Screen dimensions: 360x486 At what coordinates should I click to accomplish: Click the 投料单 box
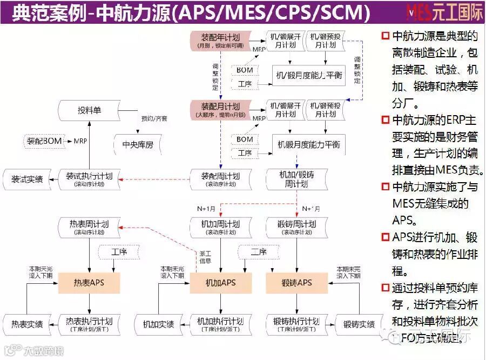(x=89, y=111)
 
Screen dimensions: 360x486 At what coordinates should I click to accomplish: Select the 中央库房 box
(x=138, y=144)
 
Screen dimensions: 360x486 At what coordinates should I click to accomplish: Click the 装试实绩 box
(x=26, y=179)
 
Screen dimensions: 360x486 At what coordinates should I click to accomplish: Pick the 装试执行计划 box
(x=89, y=179)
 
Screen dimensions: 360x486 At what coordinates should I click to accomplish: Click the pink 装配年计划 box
(x=220, y=41)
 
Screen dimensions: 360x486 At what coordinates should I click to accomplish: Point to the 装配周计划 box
(x=220, y=179)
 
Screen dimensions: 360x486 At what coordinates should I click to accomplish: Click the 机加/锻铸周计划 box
(x=296, y=179)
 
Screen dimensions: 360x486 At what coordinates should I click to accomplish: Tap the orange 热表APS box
(x=89, y=283)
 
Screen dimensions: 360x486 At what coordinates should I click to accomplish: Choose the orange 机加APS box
(x=220, y=283)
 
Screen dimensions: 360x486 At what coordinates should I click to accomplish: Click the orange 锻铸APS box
(x=296, y=283)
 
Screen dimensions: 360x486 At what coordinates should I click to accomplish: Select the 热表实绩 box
(x=26, y=324)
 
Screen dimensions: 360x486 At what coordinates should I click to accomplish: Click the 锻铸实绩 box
(x=359, y=324)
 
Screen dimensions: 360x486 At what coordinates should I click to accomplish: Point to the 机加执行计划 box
(x=220, y=324)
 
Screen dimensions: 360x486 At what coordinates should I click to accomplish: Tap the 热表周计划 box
(x=89, y=227)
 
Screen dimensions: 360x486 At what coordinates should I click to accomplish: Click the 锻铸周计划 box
(x=296, y=227)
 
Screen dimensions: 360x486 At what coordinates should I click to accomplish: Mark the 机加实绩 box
(x=158, y=324)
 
